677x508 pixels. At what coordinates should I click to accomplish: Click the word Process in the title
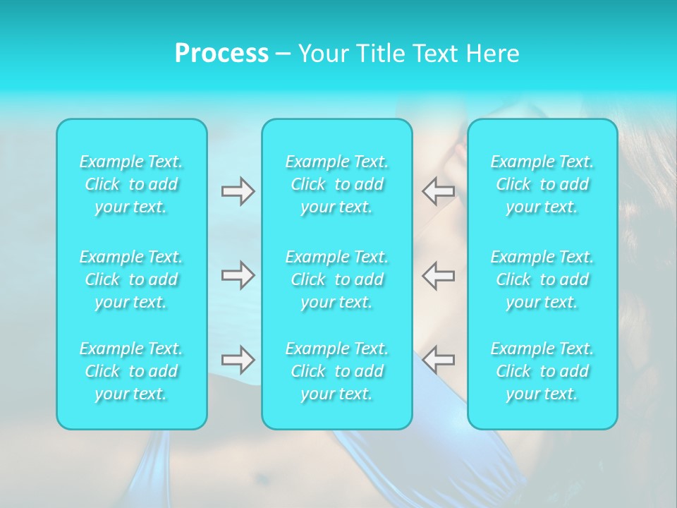click(221, 54)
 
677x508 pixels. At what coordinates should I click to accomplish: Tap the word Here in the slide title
click(492, 54)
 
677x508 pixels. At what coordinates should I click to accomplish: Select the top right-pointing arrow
click(238, 191)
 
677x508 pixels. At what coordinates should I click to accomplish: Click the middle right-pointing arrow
click(238, 275)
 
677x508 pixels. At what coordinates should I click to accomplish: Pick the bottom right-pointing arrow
click(238, 360)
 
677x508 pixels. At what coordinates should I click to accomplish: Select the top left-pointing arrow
click(439, 191)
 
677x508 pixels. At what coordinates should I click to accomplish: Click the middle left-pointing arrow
click(439, 275)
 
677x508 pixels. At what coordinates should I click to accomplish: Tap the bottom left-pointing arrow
click(439, 360)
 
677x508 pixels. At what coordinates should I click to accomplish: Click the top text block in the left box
click(131, 185)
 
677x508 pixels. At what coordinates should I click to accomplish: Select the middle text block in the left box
click(131, 279)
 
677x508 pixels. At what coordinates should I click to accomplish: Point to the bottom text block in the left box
click(131, 371)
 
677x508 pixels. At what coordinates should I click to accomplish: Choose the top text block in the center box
click(337, 185)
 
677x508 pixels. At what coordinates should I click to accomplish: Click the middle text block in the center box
click(337, 279)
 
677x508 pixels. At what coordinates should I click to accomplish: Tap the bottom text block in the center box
click(337, 371)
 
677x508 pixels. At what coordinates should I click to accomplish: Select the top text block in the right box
click(542, 185)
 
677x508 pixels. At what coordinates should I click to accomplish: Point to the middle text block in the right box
click(542, 279)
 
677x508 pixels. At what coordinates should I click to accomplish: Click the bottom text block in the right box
click(542, 371)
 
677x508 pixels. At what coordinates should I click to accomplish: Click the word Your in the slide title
click(321, 54)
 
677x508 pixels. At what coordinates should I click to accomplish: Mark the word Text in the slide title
click(434, 54)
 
